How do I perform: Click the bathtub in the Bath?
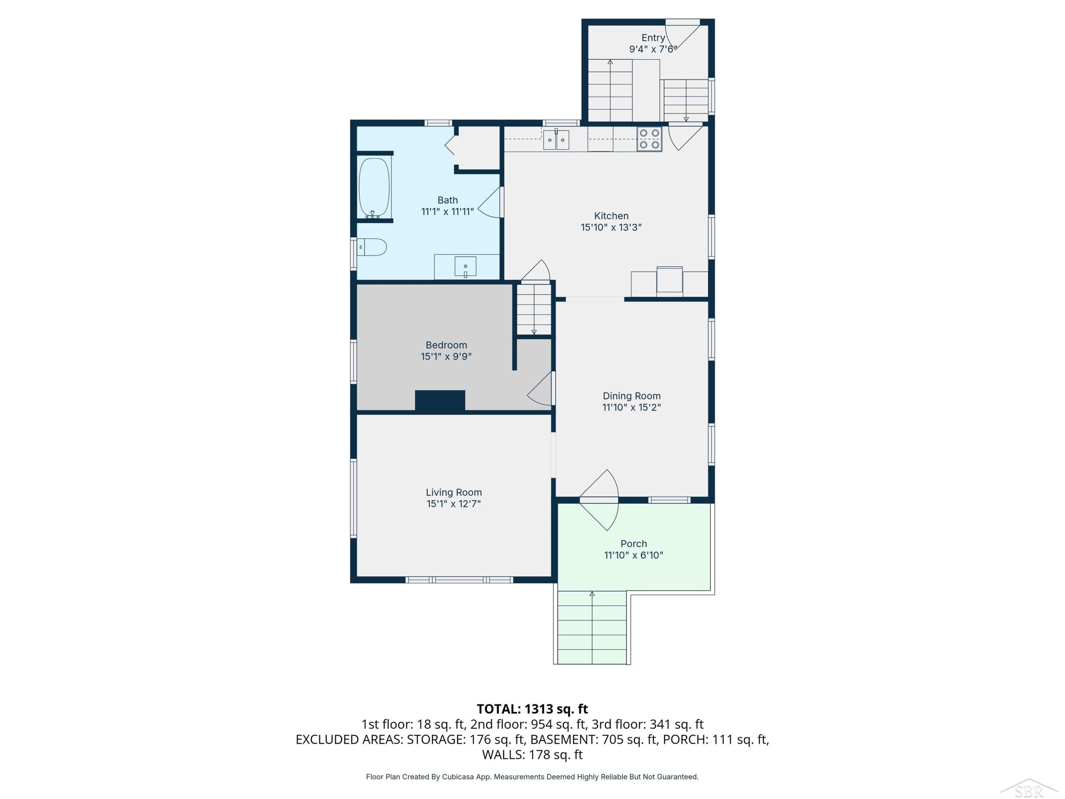pos(374,187)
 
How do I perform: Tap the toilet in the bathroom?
pos(372,247)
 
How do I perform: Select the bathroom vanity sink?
pos(465,266)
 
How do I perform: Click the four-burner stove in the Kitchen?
pos(650,139)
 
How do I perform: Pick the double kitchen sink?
pos(556,140)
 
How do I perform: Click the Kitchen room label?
pos(611,216)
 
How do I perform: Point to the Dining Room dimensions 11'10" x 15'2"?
pos(631,407)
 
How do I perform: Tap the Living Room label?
pos(454,492)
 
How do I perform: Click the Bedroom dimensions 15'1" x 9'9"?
pos(446,357)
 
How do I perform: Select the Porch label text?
pos(634,544)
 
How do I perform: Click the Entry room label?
pos(653,38)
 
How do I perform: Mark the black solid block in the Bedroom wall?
pos(440,401)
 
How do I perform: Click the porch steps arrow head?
pos(592,594)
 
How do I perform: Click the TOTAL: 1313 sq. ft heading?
pos(532,709)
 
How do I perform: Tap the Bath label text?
pos(447,200)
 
